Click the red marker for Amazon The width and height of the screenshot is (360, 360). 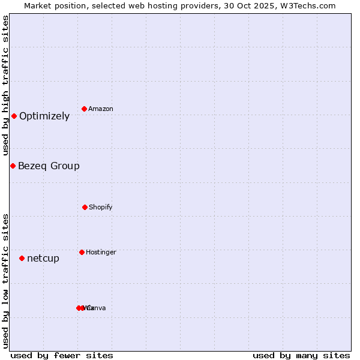[x=85, y=109]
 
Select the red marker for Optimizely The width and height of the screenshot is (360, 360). [x=14, y=116]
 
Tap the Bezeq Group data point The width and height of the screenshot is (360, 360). [x=13, y=166]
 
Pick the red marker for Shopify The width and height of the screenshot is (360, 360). [x=85, y=207]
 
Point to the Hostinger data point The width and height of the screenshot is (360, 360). [x=82, y=252]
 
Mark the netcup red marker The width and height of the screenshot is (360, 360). [x=22, y=258]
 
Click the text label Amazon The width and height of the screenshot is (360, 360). [x=101, y=109]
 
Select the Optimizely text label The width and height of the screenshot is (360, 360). [x=44, y=116]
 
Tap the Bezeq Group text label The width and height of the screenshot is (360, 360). [x=49, y=166]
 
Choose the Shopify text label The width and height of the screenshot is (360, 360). [x=101, y=207]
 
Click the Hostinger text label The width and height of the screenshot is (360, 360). [x=101, y=252]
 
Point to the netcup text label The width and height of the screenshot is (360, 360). [x=43, y=259]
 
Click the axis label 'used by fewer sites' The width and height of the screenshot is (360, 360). [x=62, y=355]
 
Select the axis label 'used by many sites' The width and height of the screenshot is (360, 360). [x=301, y=355]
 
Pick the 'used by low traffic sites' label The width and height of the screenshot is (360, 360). [x=6, y=281]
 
